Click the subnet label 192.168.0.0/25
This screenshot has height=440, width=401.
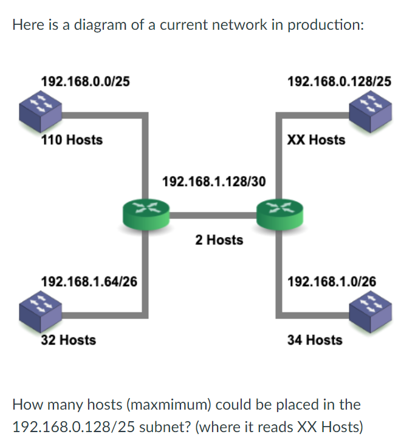[x=84, y=81]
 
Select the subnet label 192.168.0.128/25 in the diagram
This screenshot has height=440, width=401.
[x=339, y=81]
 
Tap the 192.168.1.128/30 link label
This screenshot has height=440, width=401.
[x=214, y=181]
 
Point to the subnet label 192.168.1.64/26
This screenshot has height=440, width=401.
[x=89, y=281]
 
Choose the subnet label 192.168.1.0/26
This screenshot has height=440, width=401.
[x=331, y=281]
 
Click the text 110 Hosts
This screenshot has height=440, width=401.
[x=72, y=140]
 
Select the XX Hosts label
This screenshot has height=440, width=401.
[x=316, y=140]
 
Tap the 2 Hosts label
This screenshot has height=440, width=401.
[x=219, y=240]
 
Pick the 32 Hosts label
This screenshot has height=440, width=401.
[x=68, y=340]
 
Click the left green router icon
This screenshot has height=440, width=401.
[x=145, y=213]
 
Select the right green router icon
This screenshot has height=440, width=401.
[x=279, y=213]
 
